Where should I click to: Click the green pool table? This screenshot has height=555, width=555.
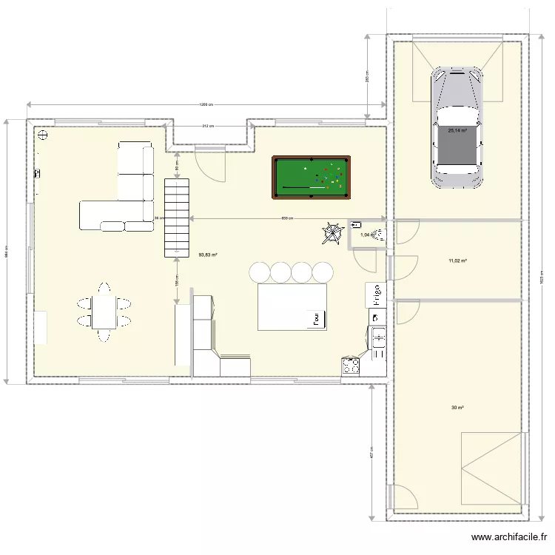click(311, 178)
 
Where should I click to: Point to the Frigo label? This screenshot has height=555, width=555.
click(377, 295)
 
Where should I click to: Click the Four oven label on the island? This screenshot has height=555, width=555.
click(316, 319)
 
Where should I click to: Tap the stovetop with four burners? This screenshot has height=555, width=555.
click(350, 366)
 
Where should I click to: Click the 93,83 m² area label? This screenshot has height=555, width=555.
click(208, 255)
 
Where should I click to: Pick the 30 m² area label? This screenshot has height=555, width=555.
click(457, 408)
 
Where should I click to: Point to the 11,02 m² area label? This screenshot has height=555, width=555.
click(457, 261)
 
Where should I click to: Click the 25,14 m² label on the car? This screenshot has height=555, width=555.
click(457, 130)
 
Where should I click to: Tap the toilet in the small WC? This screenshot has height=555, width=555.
click(379, 236)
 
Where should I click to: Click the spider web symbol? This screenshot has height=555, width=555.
click(329, 234)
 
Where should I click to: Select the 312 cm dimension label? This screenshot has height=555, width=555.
click(209, 126)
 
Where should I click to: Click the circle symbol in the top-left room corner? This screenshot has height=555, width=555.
click(42, 135)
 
